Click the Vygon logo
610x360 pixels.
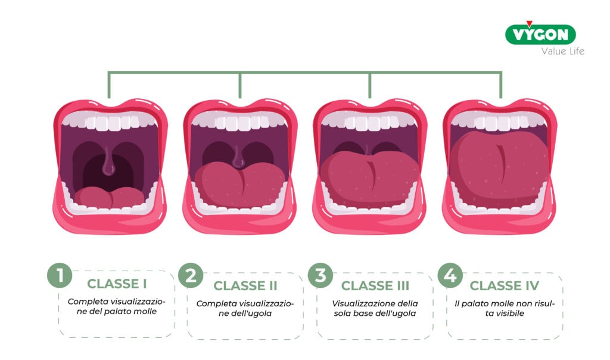[540, 33]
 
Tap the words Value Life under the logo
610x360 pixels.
[562, 51]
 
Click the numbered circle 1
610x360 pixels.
[60, 275]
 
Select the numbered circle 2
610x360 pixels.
[191, 275]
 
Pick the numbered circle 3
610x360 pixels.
[320, 275]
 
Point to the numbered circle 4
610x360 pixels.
[450, 275]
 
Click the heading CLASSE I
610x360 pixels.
[117, 284]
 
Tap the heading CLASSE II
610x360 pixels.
[245, 285]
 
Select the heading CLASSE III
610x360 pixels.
[375, 285]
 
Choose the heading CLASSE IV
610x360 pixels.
[504, 285]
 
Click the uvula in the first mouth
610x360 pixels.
[108, 161]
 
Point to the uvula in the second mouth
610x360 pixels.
[238, 157]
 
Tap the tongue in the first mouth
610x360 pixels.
[110, 198]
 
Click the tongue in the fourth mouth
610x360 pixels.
[500, 166]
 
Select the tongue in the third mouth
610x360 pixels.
[369, 177]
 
